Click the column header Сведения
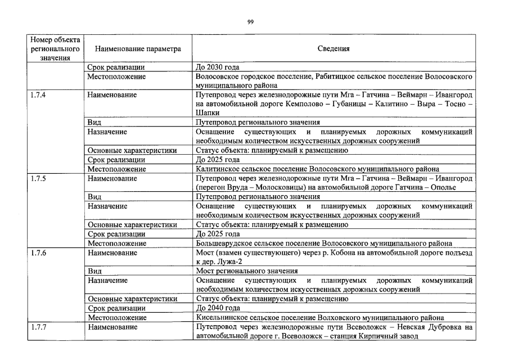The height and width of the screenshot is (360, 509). pos(334,49)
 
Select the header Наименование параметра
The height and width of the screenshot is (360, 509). pos(138,49)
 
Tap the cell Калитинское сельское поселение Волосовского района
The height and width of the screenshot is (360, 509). pos(317,169)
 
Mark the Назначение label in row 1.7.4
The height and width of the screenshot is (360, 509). pos(107,132)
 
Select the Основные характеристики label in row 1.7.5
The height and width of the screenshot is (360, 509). pos(132,225)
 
